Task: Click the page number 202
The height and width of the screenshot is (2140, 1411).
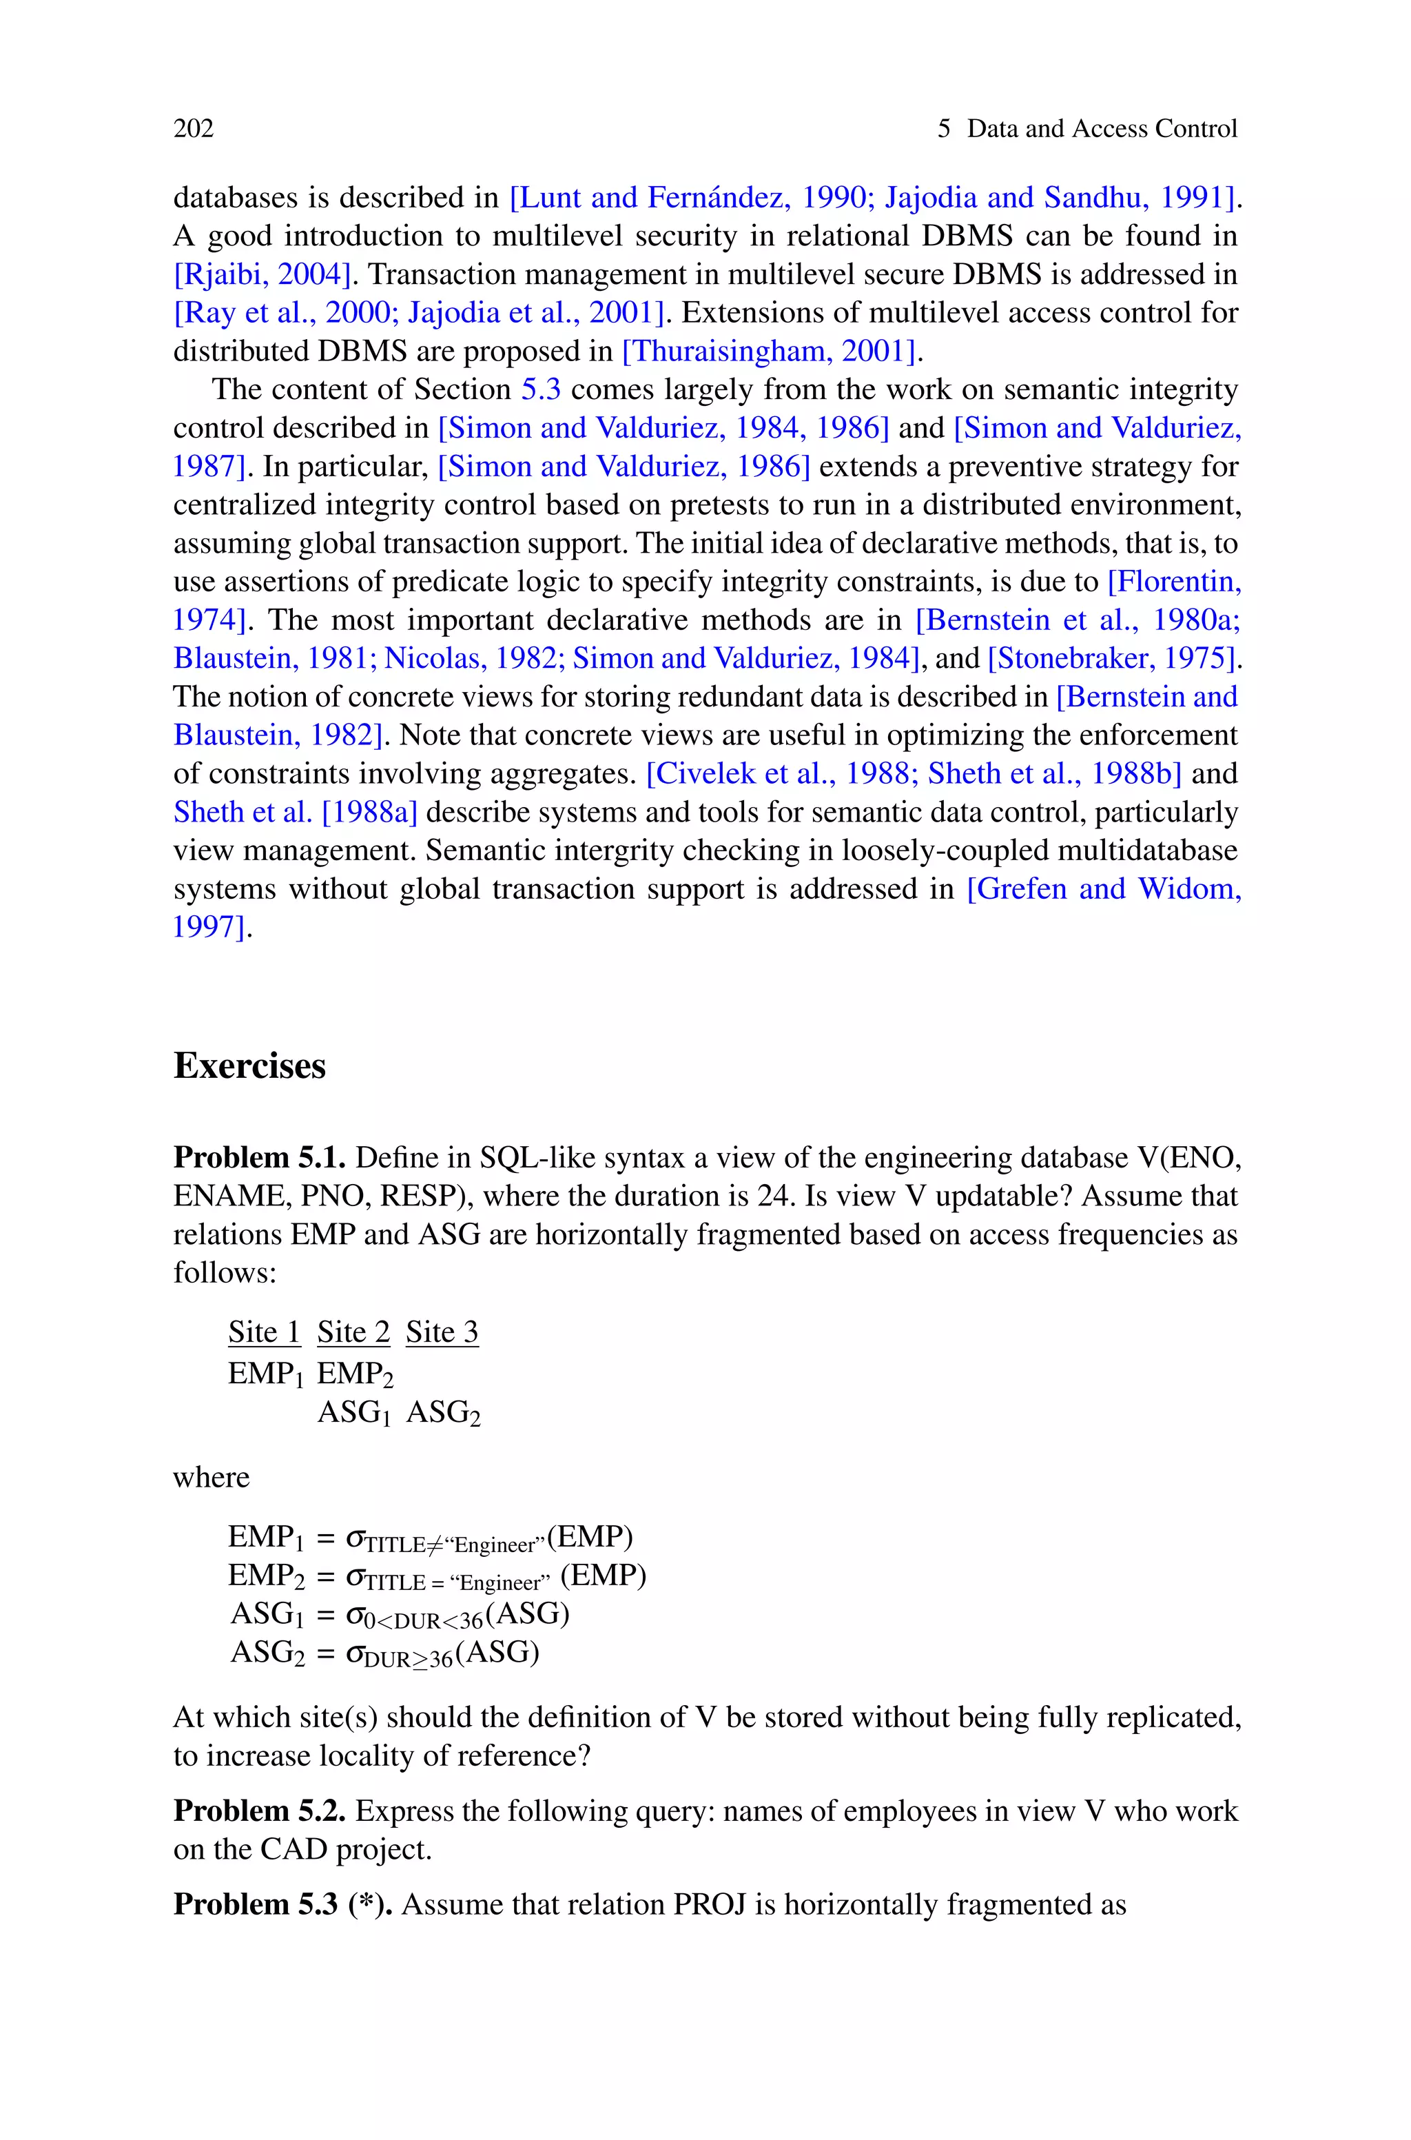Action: (194, 129)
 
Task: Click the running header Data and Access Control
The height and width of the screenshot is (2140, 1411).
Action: (1102, 129)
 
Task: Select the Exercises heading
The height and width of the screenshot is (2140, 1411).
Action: (249, 1066)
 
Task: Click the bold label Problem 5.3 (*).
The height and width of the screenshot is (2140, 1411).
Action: (282, 1904)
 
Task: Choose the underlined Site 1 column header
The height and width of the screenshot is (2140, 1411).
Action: (264, 1332)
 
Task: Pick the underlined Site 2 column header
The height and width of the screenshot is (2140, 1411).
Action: (353, 1332)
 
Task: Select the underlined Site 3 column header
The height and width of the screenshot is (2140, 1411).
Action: (442, 1332)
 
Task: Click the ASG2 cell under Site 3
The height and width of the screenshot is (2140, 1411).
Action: (443, 1413)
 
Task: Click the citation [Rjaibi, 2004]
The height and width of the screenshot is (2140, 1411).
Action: (261, 274)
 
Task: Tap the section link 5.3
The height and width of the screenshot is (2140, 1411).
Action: (541, 389)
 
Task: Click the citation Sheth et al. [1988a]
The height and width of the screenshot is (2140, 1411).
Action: (295, 812)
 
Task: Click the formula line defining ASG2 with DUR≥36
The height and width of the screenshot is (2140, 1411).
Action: (384, 1653)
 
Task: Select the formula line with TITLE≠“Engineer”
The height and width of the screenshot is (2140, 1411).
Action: (430, 1537)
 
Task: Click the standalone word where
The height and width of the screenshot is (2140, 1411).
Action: (212, 1478)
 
